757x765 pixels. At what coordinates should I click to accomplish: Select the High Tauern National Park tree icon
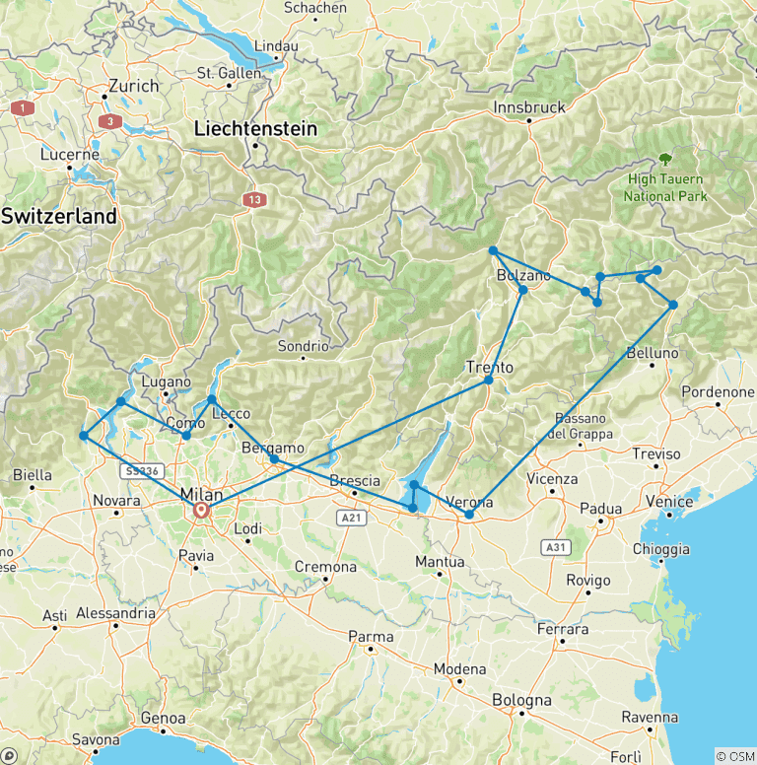pyautogui.click(x=665, y=158)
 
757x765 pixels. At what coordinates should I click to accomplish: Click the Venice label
pyautogui.click(x=670, y=502)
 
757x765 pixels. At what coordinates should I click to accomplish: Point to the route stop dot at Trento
pyautogui.click(x=488, y=380)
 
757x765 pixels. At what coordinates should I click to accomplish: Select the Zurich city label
pyautogui.click(x=134, y=86)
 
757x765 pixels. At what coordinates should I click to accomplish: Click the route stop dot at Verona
pyautogui.click(x=469, y=515)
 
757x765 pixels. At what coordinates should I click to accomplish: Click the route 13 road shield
pyautogui.click(x=255, y=200)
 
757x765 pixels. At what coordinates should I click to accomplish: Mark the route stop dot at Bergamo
pyautogui.click(x=274, y=459)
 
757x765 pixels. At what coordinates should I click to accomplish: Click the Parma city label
pyautogui.click(x=373, y=637)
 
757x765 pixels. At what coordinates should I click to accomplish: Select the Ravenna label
pyautogui.click(x=649, y=717)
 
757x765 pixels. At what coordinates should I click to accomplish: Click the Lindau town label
pyautogui.click(x=276, y=46)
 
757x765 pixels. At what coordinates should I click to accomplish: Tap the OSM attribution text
pyautogui.click(x=734, y=756)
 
